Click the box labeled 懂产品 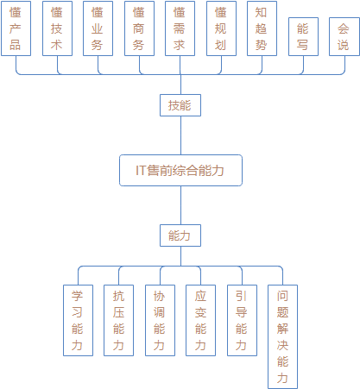pos(16,28)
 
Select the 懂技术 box pos(57,28)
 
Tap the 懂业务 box pos(98,28)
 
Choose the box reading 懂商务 pos(139,28)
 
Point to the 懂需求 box pos(180,28)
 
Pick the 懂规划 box pos(221,28)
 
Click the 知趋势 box pos(262,28)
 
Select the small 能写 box pos(303,36)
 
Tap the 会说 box pos(344,36)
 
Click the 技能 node pos(180,105)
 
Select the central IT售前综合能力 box pos(180,171)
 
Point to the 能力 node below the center pos(180,235)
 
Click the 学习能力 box pos(78,320)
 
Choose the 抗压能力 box pos(118,320)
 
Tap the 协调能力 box pos(160,320)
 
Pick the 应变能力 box pos(200,320)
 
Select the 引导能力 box pos(242,320)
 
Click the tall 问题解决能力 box pos(282,336)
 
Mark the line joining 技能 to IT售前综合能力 pos(180,135)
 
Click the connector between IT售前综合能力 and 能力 pos(180,205)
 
